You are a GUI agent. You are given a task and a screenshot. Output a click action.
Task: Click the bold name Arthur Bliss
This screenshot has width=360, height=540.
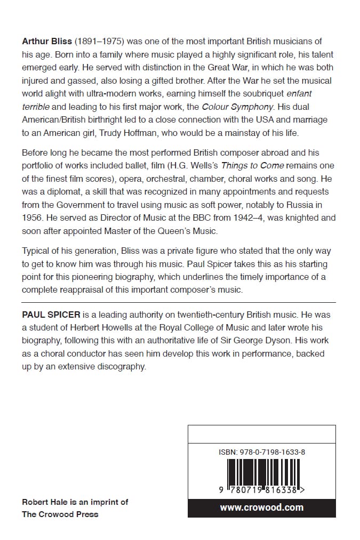47,41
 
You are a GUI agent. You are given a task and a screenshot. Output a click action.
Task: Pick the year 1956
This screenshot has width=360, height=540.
31,217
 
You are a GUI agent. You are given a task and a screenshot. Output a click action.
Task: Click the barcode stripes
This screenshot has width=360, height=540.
261,471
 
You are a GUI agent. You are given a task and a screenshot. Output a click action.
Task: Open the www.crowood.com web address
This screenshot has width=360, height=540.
261,507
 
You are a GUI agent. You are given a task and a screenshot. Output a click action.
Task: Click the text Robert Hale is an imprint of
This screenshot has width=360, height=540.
75,502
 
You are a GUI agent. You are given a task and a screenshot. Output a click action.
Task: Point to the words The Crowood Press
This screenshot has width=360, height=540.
60,514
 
